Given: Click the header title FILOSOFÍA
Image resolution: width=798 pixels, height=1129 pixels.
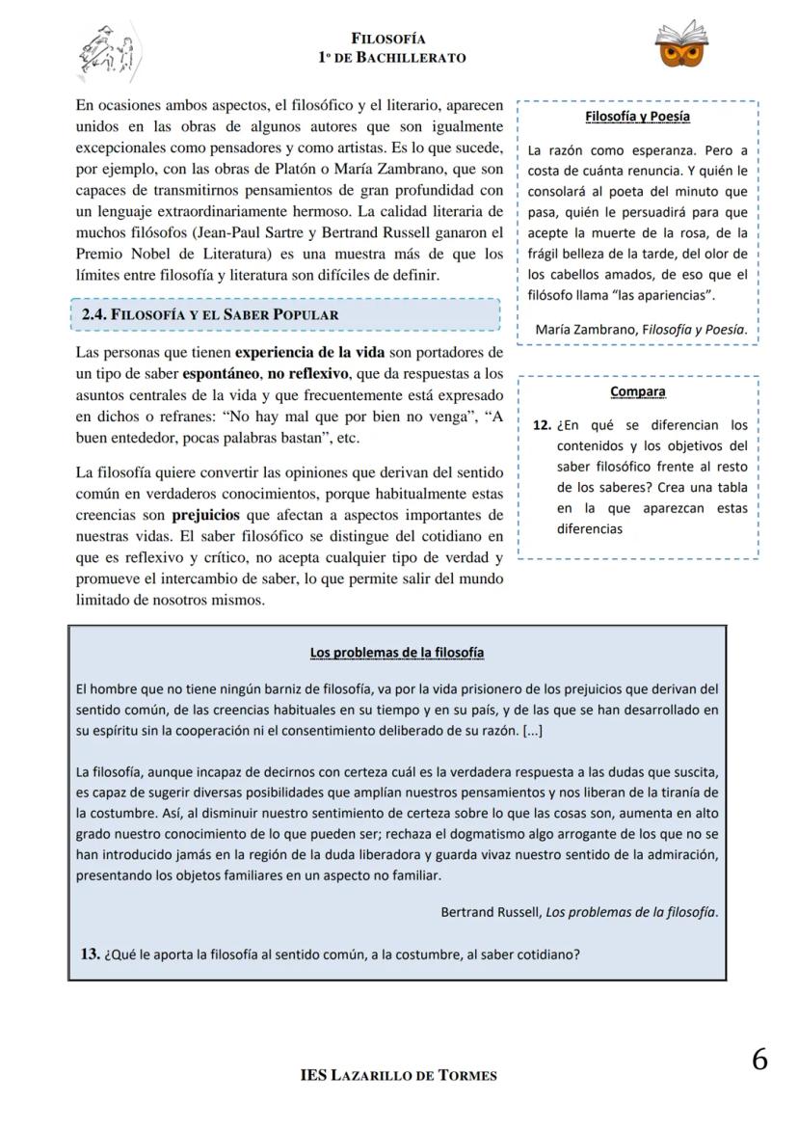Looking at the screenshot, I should pyautogui.click(x=388, y=39).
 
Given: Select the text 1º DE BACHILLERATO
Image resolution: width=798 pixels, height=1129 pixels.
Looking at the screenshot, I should pyautogui.click(x=391, y=58).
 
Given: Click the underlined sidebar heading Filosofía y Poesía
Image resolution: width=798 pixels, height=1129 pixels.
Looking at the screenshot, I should pyautogui.click(x=637, y=117).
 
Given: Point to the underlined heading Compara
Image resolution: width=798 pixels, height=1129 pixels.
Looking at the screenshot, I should pyautogui.click(x=637, y=391).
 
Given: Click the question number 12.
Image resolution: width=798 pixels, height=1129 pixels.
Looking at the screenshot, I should pyautogui.click(x=542, y=425).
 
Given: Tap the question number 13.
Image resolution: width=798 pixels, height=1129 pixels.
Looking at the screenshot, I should pyautogui.click(x=90, y=954).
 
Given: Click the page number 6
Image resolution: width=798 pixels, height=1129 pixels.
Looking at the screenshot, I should pyautogui.click(x=759, y=1060).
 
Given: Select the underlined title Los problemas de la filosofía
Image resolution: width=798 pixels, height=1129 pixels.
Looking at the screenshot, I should pyautogui.click(x=397, y=653).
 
